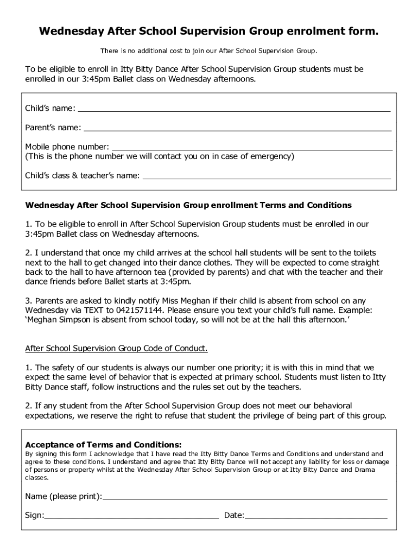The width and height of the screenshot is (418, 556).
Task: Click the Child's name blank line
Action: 235,110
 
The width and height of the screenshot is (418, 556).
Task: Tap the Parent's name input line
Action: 237,130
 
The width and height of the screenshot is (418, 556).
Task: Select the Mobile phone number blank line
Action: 252,148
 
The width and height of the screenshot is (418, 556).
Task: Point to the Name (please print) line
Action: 245,498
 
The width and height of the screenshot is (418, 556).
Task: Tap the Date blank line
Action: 316,518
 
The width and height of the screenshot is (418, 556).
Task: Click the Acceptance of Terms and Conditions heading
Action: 104,444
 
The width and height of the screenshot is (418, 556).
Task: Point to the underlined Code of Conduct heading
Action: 117,347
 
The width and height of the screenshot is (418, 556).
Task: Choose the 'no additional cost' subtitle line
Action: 208,51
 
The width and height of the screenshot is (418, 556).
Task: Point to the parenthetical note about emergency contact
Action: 160,156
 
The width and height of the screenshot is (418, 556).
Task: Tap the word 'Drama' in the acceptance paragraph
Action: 365,470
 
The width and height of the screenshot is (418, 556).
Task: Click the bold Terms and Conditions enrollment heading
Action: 189,205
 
